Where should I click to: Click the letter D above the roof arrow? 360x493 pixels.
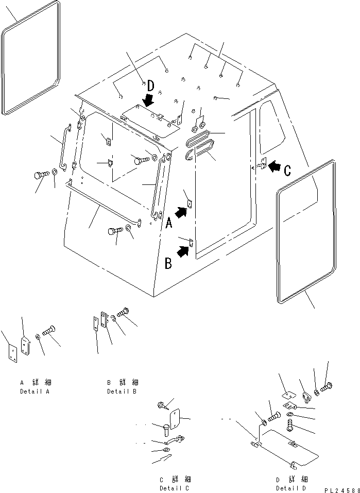coord(150,85)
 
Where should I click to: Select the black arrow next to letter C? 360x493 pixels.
coord(276,166)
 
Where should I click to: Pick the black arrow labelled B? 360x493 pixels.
coord(182,251)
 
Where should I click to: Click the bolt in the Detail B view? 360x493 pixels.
coord(123,312)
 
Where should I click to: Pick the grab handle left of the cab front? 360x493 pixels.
coord(65,146)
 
